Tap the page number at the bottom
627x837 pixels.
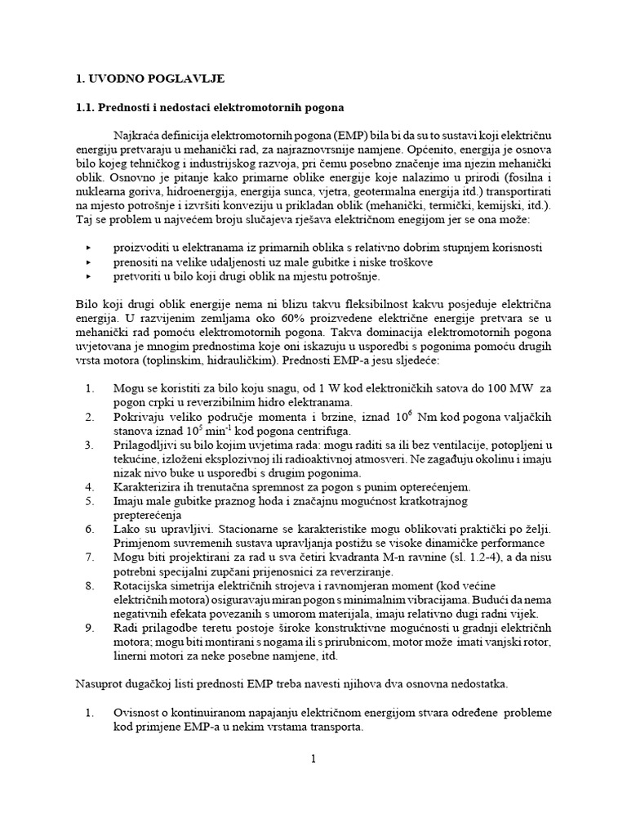pos(313,759)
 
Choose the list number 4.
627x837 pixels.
pos(90,486)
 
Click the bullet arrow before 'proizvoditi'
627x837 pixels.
pos(89,248)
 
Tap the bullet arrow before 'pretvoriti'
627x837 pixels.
pos(89,275)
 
